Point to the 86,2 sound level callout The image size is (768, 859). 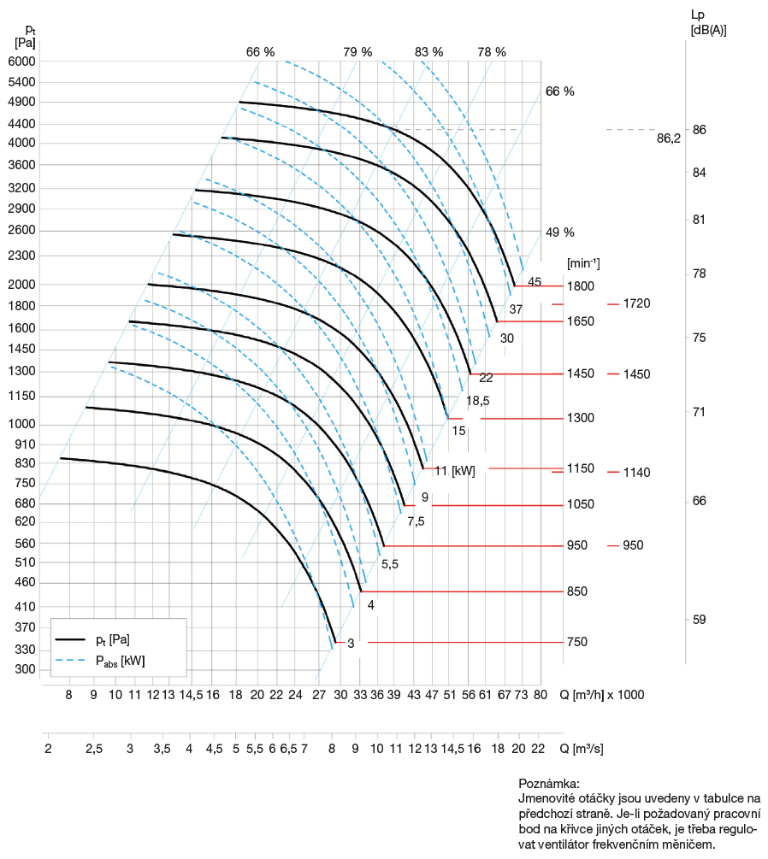click(669, 138)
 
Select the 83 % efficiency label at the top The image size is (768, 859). click(429, 51)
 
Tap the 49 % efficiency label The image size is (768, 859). click(559, 232)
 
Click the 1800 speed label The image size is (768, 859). click(580, 285)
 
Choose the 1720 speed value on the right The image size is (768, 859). click(637, 303)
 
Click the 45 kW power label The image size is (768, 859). click(535, 282)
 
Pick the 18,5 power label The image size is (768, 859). click(477, 401)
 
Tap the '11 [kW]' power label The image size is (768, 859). click(455, 470)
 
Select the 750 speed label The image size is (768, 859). click(577, 642)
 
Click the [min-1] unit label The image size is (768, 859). click(583, 263)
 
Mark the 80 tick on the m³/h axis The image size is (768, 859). click(540, 695)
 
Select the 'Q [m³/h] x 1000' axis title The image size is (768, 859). click(602, 694)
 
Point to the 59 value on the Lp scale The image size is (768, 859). click(699, 620)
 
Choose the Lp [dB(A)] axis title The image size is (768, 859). click(709, 22)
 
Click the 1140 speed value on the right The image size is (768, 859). click(637, 473)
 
